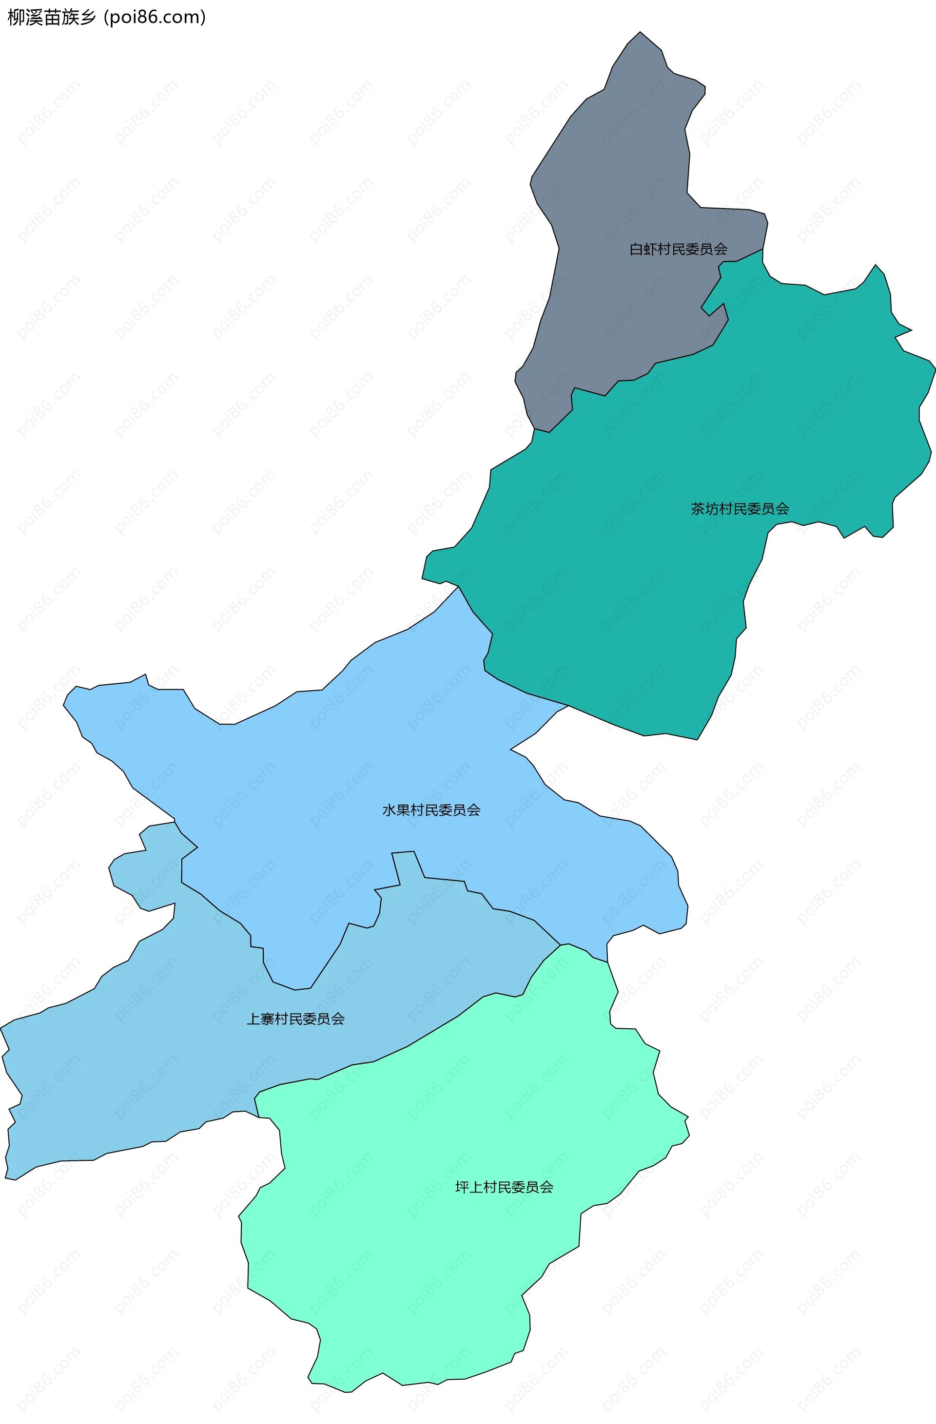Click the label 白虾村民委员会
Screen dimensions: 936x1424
pyautogui.click(x=678, y=249)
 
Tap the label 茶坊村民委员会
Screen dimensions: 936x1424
pyautogui.click(x=740, y=509)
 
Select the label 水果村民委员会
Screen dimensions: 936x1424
pyautogui.click(x=431, y=810)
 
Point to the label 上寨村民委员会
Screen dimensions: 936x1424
pyautogui.click(x=295, y=1019)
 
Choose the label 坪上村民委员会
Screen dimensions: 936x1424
pyautogui.click(x=504, y=1187)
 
